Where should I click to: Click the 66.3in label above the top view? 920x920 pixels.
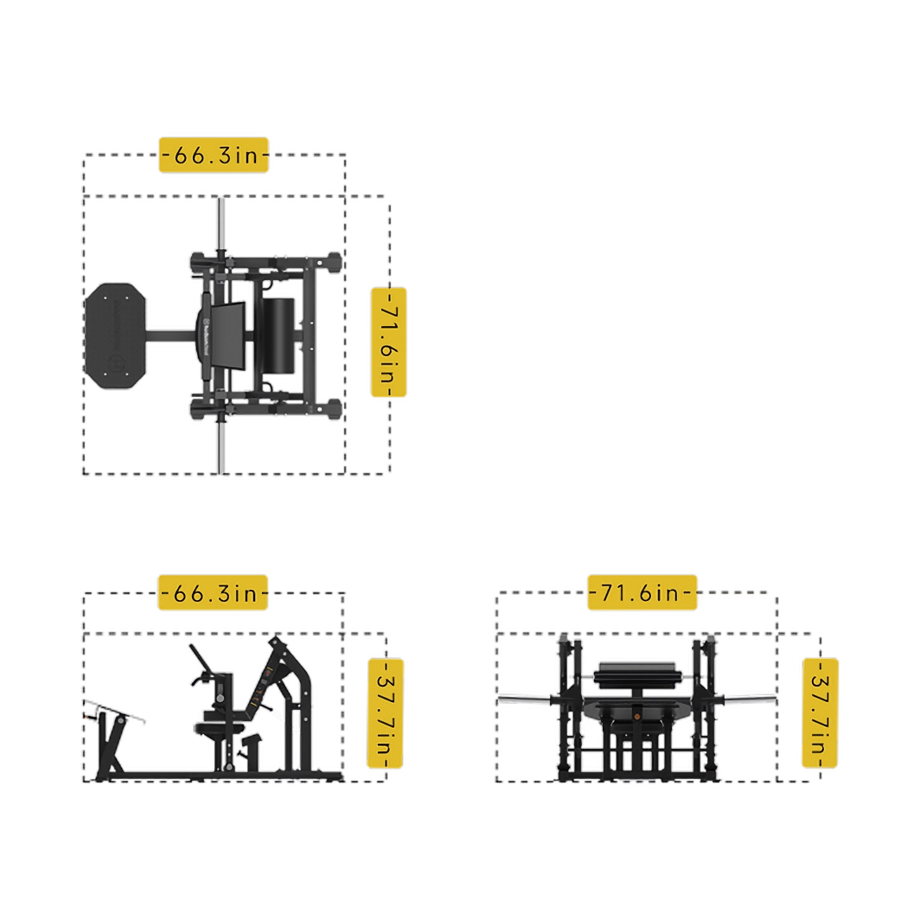point(214,155)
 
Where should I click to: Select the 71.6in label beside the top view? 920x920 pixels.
point(389,342)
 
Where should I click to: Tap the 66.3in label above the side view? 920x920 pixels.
point(213,592)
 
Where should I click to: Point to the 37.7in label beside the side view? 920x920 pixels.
point(386,712)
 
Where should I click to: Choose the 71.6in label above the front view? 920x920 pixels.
point(642,592)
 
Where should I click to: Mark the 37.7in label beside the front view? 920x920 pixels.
point(821,712)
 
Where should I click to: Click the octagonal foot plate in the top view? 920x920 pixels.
point(116,335)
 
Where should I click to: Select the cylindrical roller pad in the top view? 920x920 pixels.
point(278,335)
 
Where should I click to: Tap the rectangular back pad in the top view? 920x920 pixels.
point(228,336)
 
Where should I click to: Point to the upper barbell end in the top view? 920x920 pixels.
point(220,226)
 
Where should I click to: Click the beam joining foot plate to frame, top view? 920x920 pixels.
point(170,337)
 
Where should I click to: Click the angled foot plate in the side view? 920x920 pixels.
point(115,711)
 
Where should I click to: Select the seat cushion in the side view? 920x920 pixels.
point(219,729)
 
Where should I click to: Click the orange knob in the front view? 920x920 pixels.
point(636,717)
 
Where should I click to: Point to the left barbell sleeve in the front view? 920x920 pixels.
point(525,700)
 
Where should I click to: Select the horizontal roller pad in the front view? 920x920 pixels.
point(637,675)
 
